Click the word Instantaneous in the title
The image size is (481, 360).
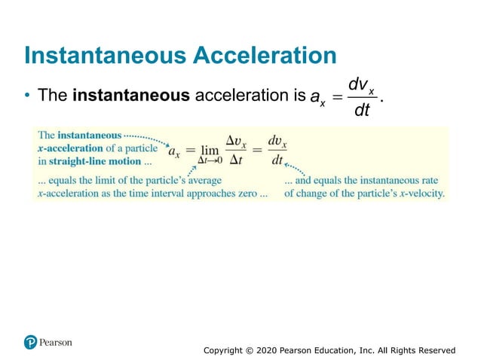pyautogui.click(x=102, y=55)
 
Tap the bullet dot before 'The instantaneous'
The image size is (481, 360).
pyautogui.click(x=27, y=96)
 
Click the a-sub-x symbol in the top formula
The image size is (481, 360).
pyautogui.click(x=317, y=98)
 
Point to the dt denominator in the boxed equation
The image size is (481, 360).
pyautogui.click(x=277, y=161)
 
